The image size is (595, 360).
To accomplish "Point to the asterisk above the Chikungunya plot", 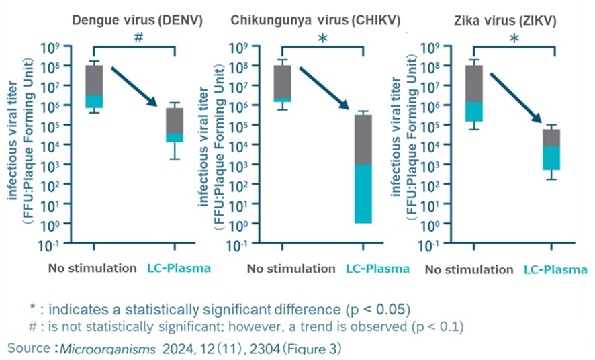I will [x=322, y=40].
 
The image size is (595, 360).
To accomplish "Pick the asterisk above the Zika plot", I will [x=514, y=40].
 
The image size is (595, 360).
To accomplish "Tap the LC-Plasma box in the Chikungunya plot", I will [x=363, y=169].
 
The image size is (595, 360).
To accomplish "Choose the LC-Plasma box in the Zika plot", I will [x=551, y=149].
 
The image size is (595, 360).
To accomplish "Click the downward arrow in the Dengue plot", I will [x=134, y=87].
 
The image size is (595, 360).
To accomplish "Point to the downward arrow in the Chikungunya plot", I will [x=323, y=87].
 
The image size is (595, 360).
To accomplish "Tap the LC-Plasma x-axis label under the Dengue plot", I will [x=179, y=269].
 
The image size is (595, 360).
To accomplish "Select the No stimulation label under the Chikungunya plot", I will [x=291, y=269].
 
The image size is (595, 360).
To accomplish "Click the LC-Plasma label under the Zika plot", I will [x=555, y=269].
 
